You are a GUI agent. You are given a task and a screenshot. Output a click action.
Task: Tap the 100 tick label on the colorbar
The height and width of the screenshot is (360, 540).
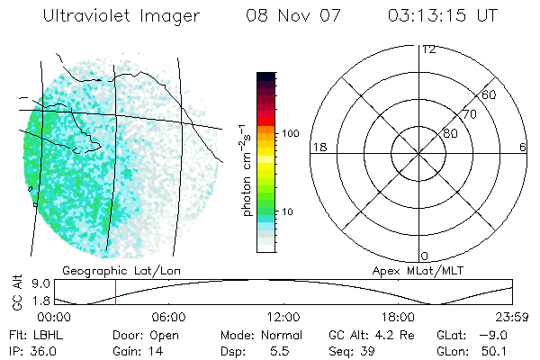click(x=290, y=133)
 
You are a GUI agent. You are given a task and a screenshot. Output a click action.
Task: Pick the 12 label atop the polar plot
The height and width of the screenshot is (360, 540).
click(x=428, y=49)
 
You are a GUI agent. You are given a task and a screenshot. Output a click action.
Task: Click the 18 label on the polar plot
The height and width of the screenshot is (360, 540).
click(x=318, y=147)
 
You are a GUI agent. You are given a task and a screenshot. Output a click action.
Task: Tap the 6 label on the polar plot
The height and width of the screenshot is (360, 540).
click(x=523, y=147)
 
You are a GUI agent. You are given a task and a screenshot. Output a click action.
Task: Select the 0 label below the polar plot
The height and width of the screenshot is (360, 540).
click(x=425, y=256)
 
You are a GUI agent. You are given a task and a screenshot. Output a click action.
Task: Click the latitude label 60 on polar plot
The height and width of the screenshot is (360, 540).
click(x=490, y=94)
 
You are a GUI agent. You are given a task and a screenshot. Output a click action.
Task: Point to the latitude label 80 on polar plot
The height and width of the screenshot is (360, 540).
click(x=450, y=133)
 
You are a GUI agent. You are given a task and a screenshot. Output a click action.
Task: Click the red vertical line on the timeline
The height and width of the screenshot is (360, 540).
click(x=115, y=292)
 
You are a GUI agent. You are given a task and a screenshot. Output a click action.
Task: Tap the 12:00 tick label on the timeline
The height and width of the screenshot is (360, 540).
click(x=283, y=317)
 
